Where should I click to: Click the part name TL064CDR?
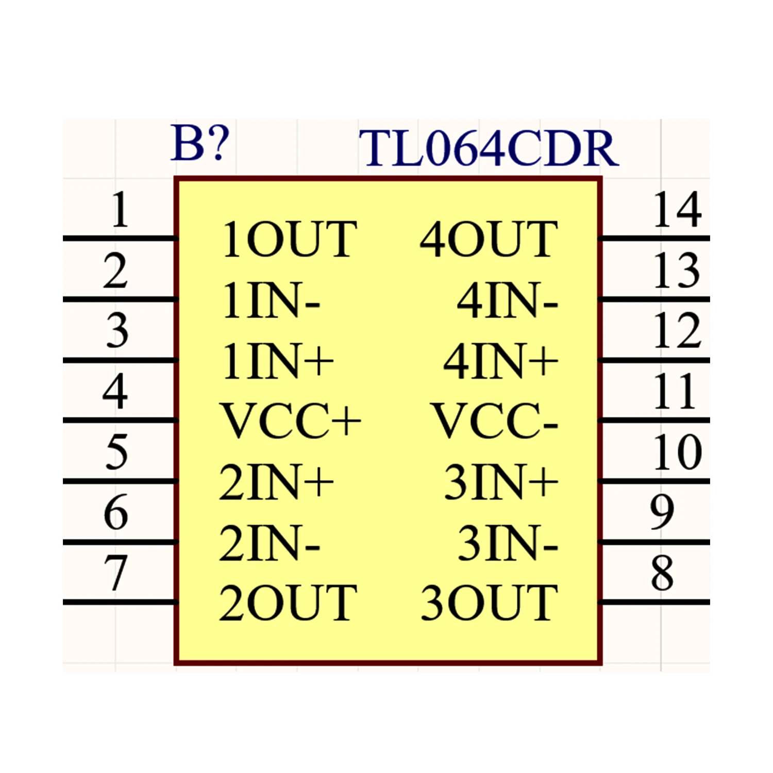click(489, 148)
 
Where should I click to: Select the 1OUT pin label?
click(290, 239)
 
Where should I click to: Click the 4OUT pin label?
click(489, 239)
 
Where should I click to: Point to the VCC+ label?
click(291, 421)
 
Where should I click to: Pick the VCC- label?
click(494, 421)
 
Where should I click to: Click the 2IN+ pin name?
click(277, 482)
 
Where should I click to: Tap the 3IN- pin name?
click(508, 543)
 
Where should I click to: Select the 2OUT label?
click(288, 602)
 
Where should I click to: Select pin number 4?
click(115, 391)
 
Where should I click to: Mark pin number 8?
click(662, 573)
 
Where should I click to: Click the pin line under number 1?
click(121, 238)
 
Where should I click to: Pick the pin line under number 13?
click(654, 299)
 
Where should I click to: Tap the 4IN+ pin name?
click(501, 360)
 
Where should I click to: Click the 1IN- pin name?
click(272, 300)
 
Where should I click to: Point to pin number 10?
click(677, 452)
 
